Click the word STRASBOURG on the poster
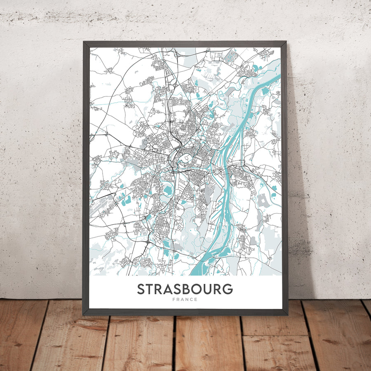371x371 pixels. [185, 289]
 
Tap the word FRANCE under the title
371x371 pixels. [185, 300]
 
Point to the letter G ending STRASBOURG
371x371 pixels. [227, 289]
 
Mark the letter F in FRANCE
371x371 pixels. [175, 300]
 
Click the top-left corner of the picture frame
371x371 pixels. [84, 42]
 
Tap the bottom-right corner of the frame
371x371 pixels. [287, 315]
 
